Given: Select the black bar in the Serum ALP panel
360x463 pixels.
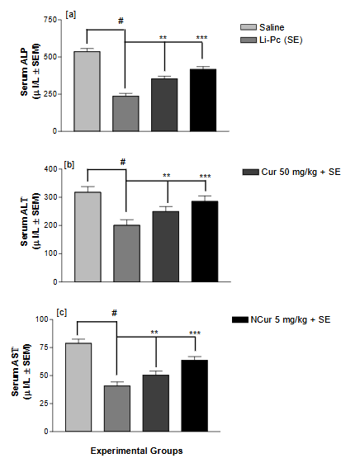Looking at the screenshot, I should [x=202, y=100].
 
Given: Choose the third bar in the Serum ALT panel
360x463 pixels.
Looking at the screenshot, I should [x=164, y=246].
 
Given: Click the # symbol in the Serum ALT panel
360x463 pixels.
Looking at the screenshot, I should [x=121, y=162].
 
